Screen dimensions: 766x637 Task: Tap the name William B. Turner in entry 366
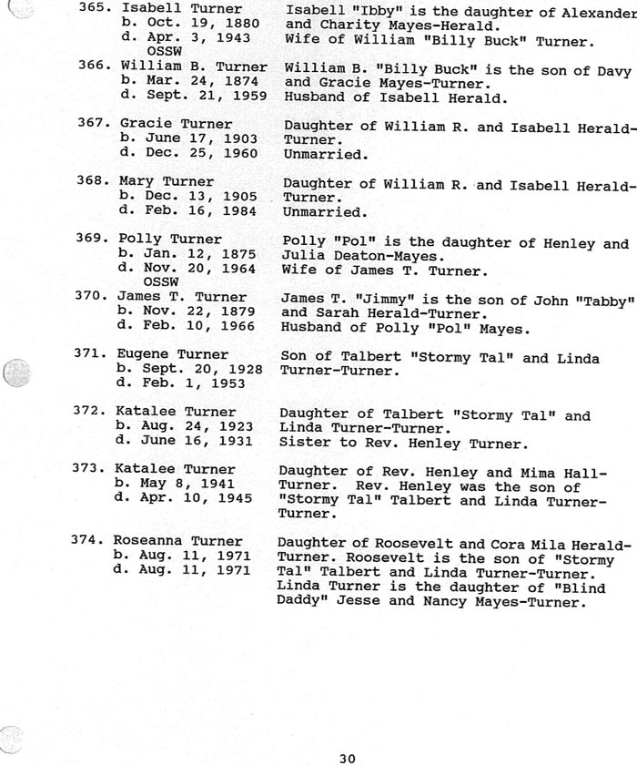(x=194, y=66)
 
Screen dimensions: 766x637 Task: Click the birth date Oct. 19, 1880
(x=197, y=23)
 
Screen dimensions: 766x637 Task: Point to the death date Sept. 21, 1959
(x=197, y=95)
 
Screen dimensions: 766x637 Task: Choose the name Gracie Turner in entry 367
(x=176, y=123)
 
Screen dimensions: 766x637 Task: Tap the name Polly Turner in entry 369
(x=170, y=240)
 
